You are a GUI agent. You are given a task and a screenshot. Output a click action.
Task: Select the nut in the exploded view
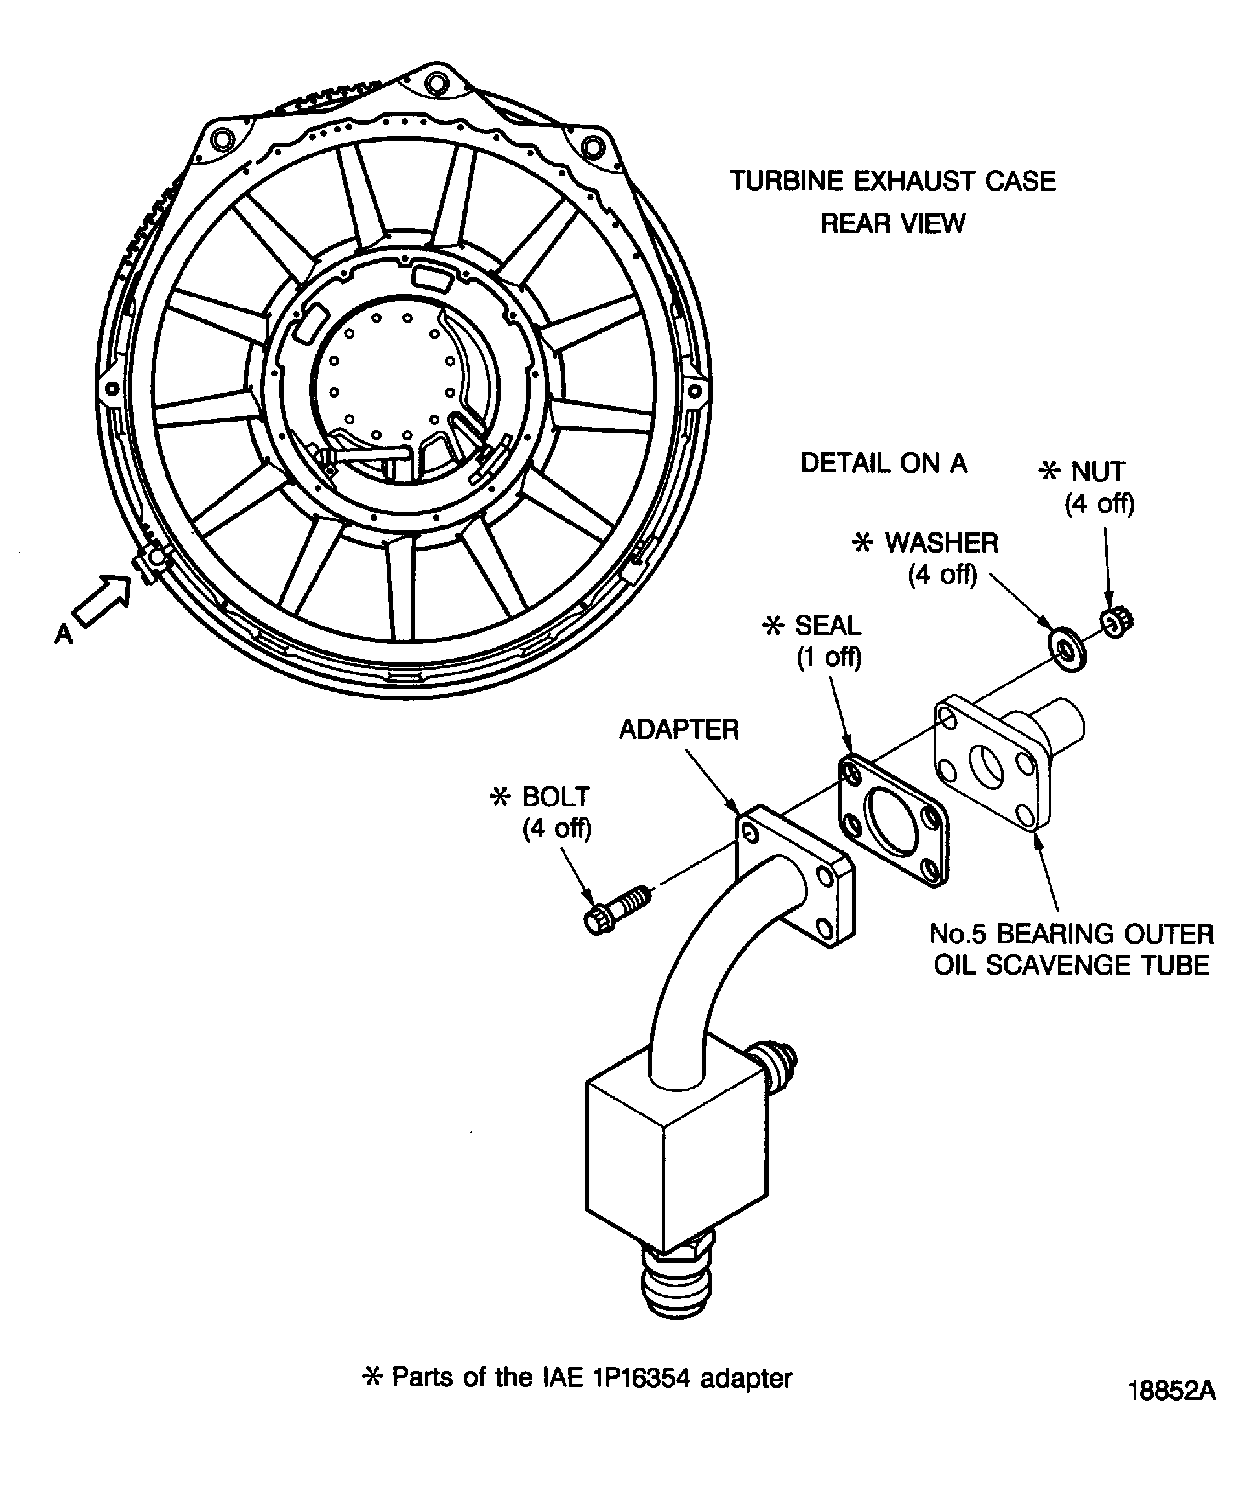pos(1115,623)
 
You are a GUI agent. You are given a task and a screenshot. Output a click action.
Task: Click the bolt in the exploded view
pos(614,910)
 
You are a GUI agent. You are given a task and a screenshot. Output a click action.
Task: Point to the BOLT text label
pos(556,796)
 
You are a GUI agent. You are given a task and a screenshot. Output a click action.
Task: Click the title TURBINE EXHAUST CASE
pos(892,182)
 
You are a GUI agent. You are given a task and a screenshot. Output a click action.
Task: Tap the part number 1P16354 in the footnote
pos(641,1378)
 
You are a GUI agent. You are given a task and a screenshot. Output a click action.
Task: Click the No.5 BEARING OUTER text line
pos(1072,934)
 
